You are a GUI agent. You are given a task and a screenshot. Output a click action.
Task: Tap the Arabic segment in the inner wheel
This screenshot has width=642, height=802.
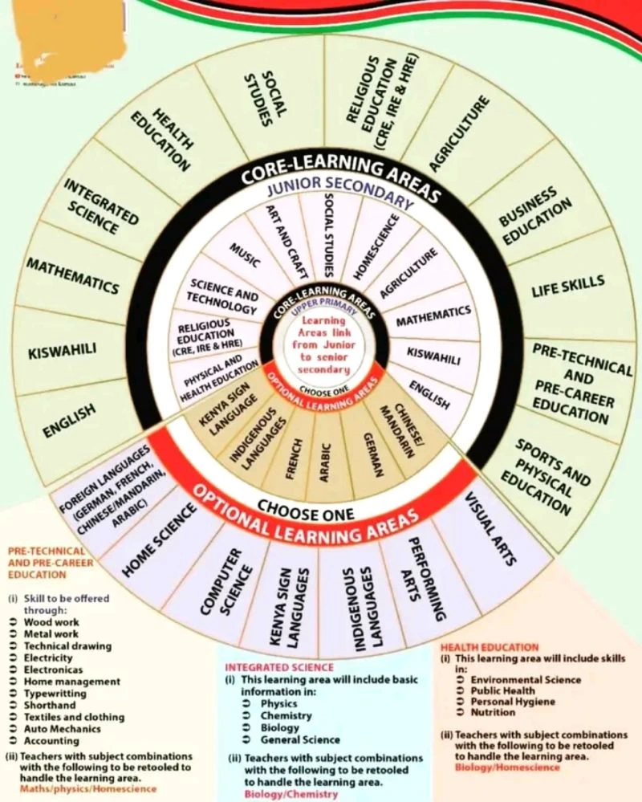325,462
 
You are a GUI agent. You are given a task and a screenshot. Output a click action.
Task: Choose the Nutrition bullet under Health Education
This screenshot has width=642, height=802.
493,712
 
